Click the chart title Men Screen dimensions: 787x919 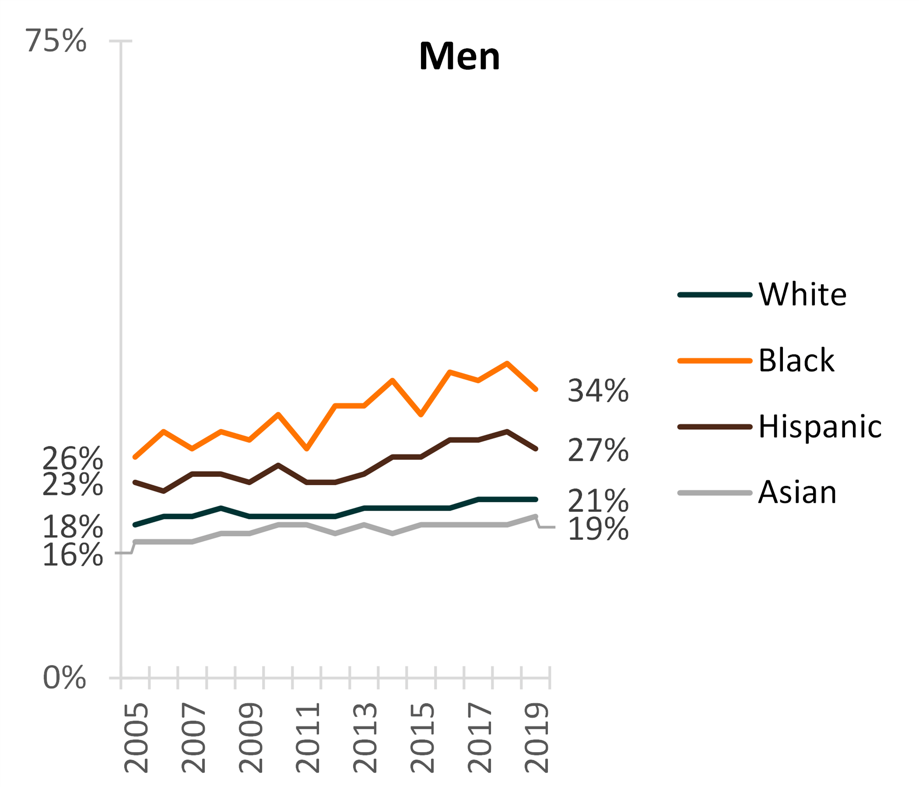(459, 56)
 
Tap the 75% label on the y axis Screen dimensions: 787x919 (56, 41)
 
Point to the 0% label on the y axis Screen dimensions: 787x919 (64, 678)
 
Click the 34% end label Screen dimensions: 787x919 (598, 391)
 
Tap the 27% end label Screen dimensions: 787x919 (598, 450)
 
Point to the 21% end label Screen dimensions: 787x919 (598, 501)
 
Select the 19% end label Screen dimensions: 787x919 (598, 529)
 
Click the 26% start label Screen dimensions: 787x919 (73, 459)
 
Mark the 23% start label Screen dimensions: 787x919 (73, 484)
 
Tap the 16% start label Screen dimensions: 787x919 (73, 555)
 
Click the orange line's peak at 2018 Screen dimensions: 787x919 (506, 363)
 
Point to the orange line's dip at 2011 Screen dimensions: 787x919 (307, 449)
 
